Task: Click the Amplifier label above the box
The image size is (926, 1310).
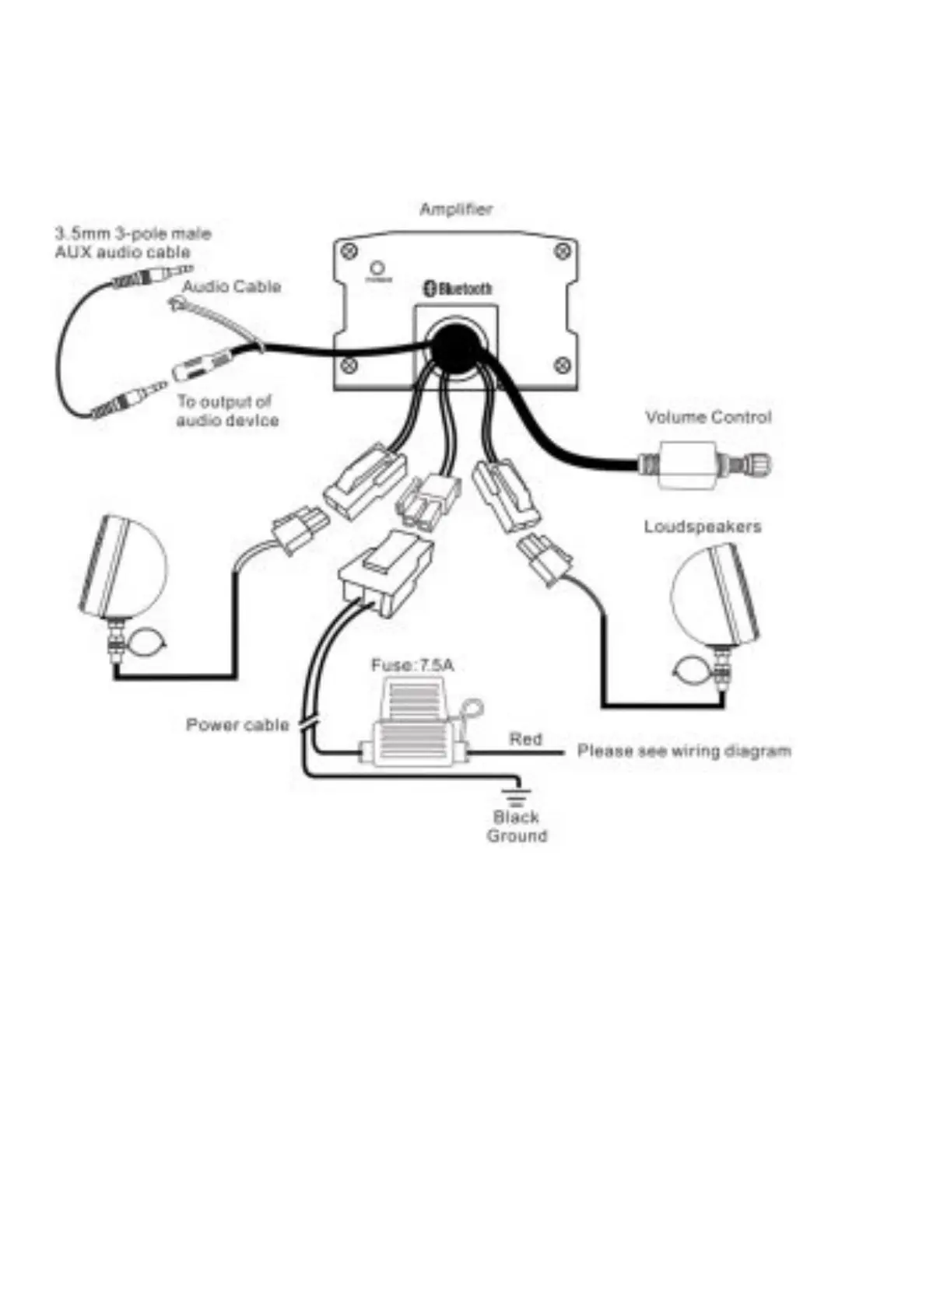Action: click(x=455, y=209)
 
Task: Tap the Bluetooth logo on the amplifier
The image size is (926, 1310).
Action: click(x=458, y=288)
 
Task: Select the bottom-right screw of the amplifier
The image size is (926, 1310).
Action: click(x=562, y=364)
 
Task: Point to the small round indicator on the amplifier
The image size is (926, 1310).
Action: click(x=378, y=268)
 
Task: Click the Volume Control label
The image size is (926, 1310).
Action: click(x=708, y=417)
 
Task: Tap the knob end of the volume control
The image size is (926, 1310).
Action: click(x=756, y=466)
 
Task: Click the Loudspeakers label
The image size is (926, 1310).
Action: click(x=702, y=527)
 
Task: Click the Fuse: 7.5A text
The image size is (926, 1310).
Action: click(x=412, y=666)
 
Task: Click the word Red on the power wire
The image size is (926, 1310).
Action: click(x=525, y=738)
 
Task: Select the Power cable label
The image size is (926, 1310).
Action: click(x=237, y=725)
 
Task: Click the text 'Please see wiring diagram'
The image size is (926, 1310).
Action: click(x=684, y=751)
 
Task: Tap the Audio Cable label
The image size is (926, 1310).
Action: click(x=231, y=286)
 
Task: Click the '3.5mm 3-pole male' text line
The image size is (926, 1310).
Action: click(x=132, y=233)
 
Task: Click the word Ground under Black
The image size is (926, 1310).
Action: click(x=517, y=836)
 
